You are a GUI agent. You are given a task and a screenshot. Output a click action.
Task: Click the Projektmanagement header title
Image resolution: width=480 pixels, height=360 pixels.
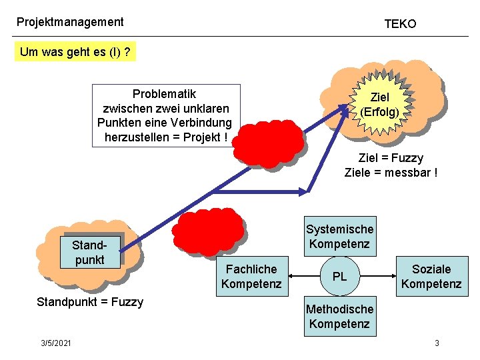70,22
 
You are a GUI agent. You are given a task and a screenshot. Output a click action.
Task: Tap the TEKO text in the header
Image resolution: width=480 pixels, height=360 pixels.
400,24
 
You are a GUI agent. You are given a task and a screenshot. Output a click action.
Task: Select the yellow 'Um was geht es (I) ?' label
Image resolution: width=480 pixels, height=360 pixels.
75,52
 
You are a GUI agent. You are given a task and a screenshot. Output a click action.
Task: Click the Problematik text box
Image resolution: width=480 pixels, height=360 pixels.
165,115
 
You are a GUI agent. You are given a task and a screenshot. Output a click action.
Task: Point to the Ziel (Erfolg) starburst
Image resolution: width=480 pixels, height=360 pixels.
380,105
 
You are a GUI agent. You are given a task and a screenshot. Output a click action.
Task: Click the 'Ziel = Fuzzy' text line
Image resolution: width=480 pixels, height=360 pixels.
391,158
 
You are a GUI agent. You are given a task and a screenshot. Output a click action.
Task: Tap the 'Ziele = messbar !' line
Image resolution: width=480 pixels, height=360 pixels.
391,173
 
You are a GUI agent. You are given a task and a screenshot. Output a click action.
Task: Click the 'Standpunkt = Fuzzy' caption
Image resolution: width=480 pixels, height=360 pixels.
90,302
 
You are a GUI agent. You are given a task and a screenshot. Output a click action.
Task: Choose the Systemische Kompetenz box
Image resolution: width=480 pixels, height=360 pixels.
339,236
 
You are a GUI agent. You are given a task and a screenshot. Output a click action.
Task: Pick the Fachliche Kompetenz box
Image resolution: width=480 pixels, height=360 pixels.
251,276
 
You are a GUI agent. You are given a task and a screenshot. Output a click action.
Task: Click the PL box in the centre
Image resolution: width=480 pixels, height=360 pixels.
339,276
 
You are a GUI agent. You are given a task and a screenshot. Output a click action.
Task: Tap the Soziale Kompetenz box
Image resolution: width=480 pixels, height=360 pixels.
431,276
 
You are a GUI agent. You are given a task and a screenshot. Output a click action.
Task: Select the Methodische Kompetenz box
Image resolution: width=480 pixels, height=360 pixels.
339,316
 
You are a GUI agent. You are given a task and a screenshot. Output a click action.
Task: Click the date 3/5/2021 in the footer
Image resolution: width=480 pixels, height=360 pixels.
56,343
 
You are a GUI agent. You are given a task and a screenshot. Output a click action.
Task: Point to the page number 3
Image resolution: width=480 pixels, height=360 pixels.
437,343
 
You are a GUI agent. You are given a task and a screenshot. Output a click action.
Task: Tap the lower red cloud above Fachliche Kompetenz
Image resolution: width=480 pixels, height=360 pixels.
208,230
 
